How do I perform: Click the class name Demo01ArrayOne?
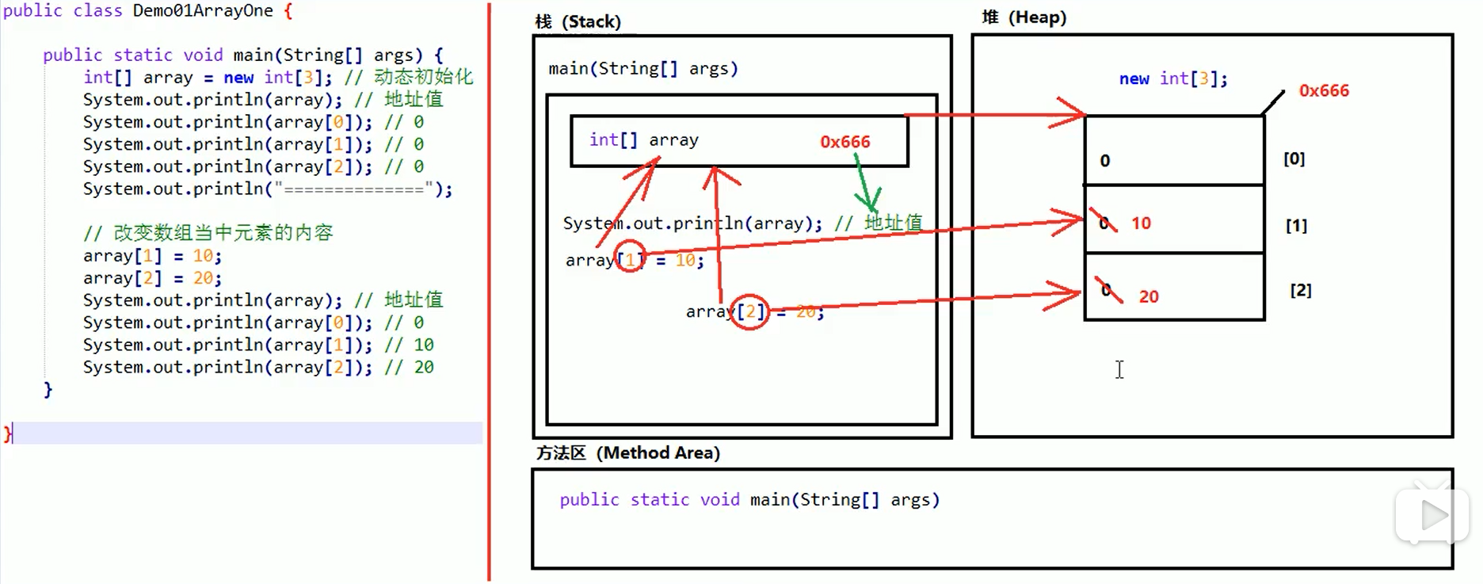click(x=202, y=11)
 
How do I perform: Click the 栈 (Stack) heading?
click(x=578, y=21)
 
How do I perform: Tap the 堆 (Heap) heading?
click(x=1024, y=17)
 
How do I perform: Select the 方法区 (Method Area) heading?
click(x=627, y=452)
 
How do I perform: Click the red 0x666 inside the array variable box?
click(x=844, y=142)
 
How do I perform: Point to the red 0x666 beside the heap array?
click(x=1323, y=90)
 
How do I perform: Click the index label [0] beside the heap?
click(x=1294, y=158)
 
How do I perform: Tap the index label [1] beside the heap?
click(x=1296, y=226)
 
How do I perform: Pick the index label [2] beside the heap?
click(x=1300, y=290)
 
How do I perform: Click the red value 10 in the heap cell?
click(x=1141, y=223)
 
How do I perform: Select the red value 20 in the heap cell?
click(x=1148, y=296)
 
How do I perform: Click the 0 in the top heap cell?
click(x=1104, y=161)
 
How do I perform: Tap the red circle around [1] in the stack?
click(x=630, y=256)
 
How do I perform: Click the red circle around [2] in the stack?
click(x=749, y=311)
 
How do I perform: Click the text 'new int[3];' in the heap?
click(x=1172, y=78)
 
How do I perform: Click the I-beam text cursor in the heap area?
click(x=1119, y=369)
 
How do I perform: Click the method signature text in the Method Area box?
click(x=749, y=500)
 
